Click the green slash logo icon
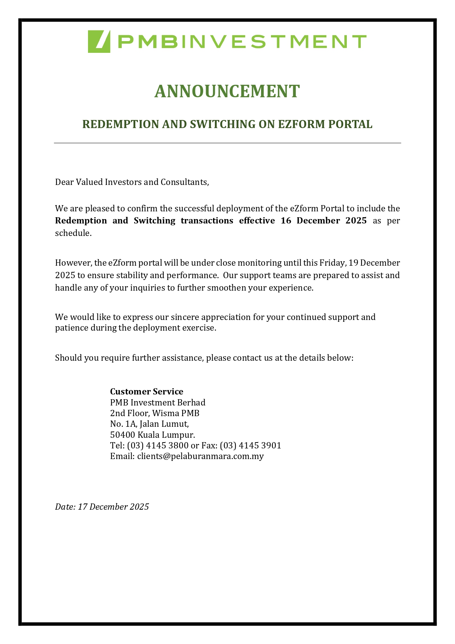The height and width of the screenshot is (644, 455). point(99,41)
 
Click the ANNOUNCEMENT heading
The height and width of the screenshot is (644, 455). point(227,91)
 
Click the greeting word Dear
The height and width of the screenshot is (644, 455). point(64,182)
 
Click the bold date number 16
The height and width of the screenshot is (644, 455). point(286,221)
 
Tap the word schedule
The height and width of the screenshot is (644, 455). point(73,233)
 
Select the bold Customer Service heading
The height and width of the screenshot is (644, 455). point(147,392)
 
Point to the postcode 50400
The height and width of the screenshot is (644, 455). point(122,435)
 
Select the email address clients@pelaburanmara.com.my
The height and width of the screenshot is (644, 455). point(200,456)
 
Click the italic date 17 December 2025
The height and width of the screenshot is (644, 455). point(113,507)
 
